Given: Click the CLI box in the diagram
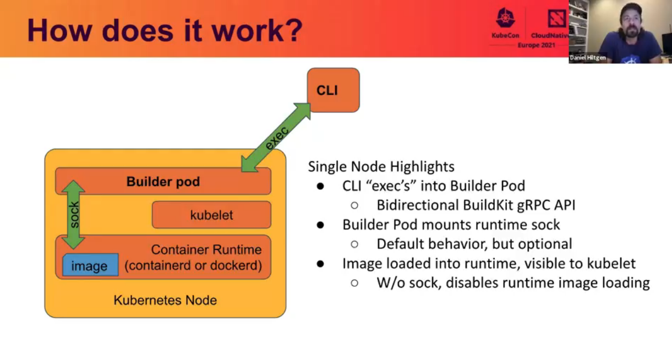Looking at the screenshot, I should [333, 90].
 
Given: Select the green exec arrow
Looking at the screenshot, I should [276, 138].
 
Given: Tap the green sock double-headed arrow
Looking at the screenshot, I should [73, 215].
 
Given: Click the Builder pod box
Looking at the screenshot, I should [163, 182].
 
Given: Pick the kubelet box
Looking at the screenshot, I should [211, 215].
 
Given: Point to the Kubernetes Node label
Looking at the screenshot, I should [165, 301].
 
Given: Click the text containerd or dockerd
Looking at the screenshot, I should [193, 266].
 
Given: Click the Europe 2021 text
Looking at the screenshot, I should [536, 45].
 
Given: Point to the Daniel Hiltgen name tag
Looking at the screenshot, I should [588, 58].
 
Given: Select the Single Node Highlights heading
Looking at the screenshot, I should [381, 167].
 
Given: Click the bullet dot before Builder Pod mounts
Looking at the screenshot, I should [320, 225].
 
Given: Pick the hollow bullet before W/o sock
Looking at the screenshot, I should [354, 283].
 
